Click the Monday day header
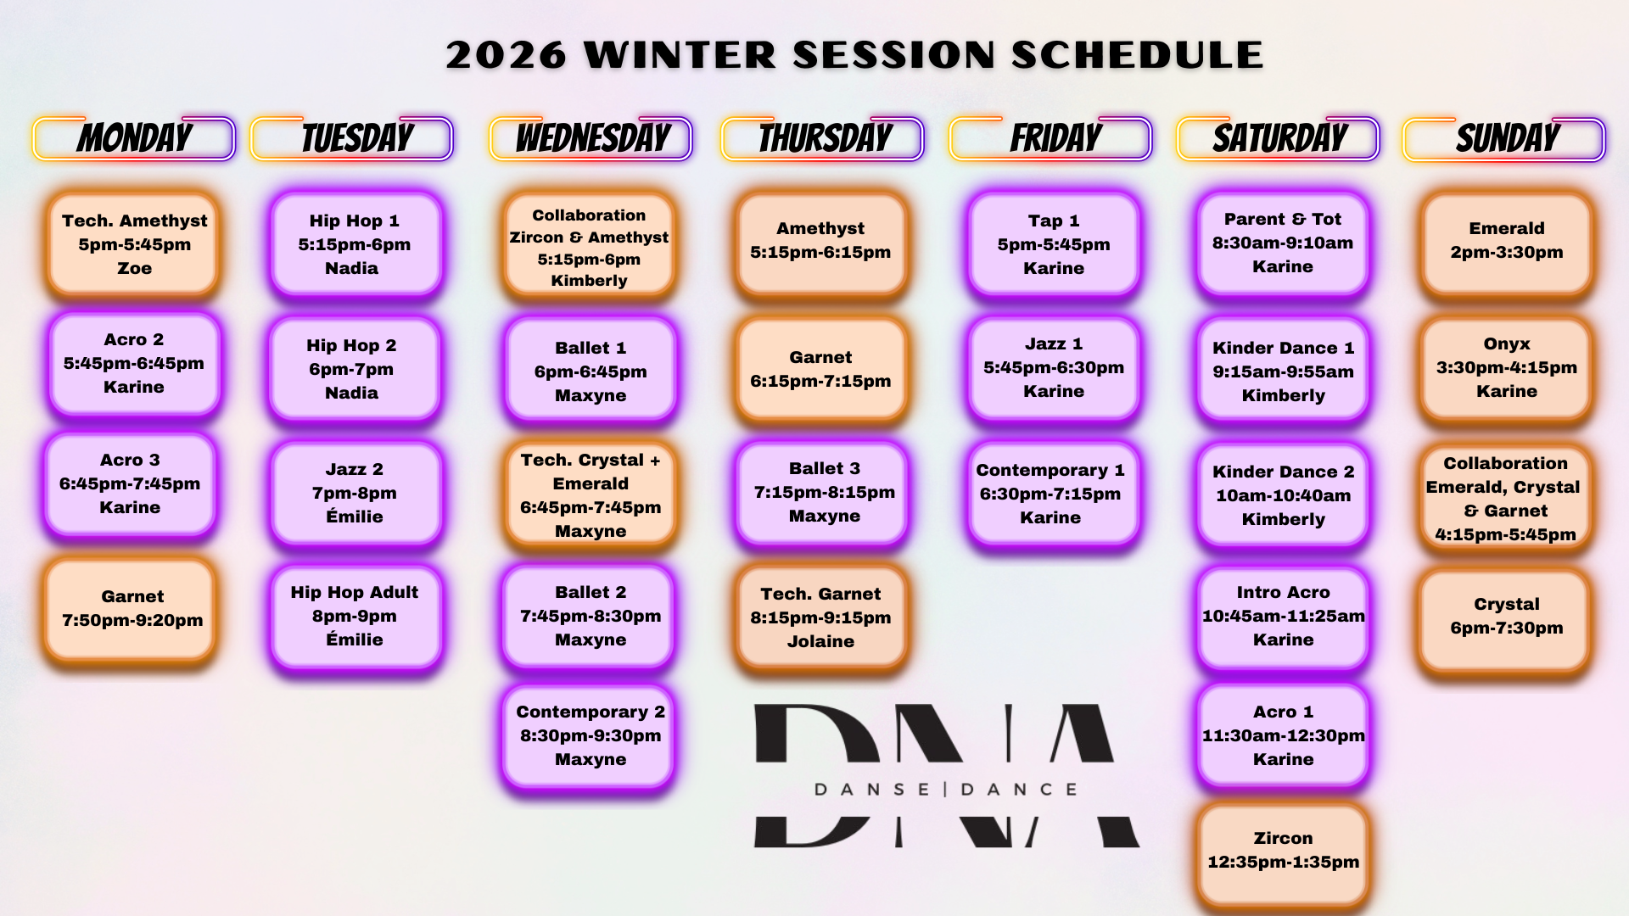click(134, 138)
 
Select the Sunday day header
click(1504, 138)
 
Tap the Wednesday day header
click(591, 138)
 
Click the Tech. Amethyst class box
click(134, 244)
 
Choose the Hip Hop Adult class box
click(355, 617)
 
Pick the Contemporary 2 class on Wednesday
click(591, 736)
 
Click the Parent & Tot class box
click(1283, 243)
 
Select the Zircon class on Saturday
click(1283, 851)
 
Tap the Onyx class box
click(1507, 368)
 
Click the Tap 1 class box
click(1054, 244)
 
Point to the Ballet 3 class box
click(823, 493)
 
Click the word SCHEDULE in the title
click(1137, 55)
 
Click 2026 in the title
click(506, 55)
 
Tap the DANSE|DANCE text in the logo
click(946, 790)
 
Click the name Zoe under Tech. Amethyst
click(134, 268)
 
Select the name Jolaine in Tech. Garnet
click(820, 641)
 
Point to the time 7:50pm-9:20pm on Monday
click(132, 620)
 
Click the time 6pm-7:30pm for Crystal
click(1507, 628)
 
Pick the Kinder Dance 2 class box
click(1283, 494)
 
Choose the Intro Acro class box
click(1283, 617)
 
